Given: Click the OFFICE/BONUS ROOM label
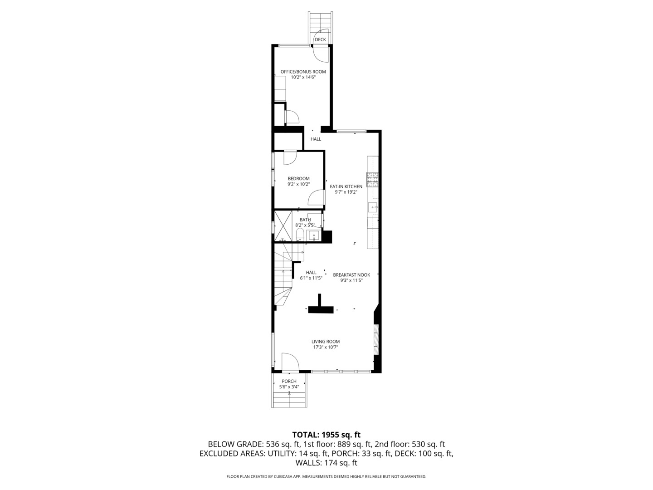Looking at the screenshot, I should (303, 72).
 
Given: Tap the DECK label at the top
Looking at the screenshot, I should (320, 40).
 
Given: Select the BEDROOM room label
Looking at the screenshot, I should (298, 178).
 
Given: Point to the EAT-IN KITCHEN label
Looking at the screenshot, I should (346, 186).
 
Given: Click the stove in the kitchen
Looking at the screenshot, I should (372, 180).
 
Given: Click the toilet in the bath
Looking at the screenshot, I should (299, 235).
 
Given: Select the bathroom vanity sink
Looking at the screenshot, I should (313, 235).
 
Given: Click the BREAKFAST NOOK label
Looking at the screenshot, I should (351, 275).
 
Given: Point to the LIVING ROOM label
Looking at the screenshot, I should (326, 342).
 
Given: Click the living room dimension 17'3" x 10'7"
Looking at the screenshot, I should (326, 348).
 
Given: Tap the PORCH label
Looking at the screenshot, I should (289, 381).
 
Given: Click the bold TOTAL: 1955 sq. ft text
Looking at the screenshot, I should (326, 435).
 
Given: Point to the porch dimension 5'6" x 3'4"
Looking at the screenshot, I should (289, 387).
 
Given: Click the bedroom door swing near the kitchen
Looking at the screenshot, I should (317, 198).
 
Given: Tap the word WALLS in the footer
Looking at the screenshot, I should (308, 463).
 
